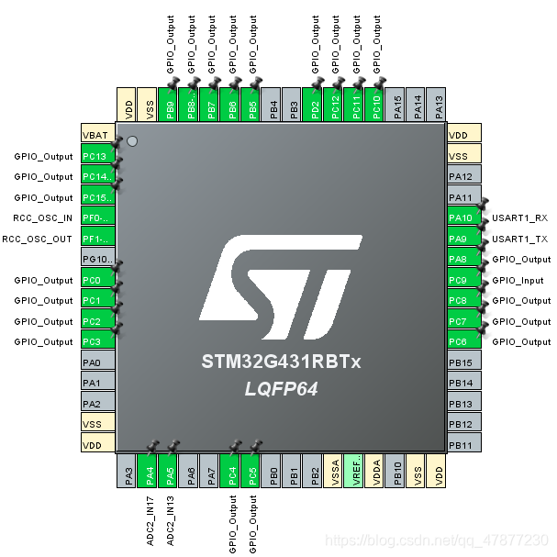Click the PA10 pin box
tap(461, 217)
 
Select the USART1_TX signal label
tap(519, 239)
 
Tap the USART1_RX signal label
tap(519, 217)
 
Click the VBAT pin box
tap(95, 135)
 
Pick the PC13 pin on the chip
tap(95, 156)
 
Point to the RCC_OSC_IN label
tap(43, 218)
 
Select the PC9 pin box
tap(461, 280)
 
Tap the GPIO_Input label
tap(518, 280)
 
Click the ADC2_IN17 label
tap(150, 520)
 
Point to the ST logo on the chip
tap(282, 284)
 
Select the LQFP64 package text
tap(281, 389)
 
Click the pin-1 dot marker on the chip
tap(132, 142)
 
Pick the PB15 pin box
tap(461, 362)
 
